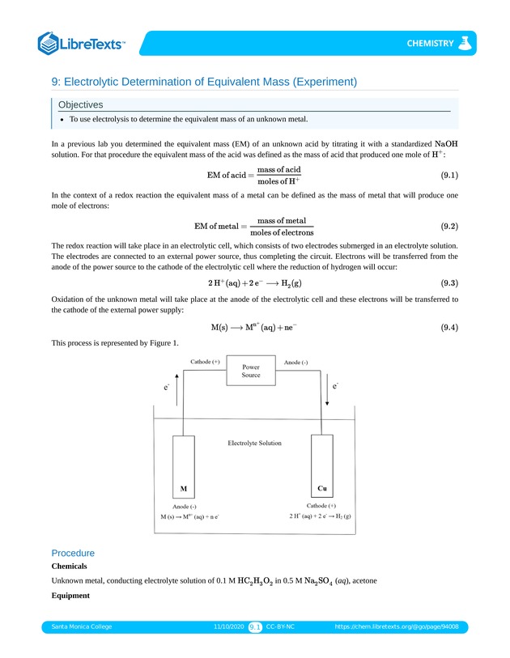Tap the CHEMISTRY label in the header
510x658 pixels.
pyautogui.click(x=430, y=43)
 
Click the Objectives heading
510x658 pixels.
pyautogui.click(x=80, y=104)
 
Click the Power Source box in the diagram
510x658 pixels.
pyautogui.click(x=251, y=370)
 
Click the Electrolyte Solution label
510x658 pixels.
pyautogui.click(x=254, y=443)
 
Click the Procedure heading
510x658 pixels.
pyautogui.click(x=73, y=553)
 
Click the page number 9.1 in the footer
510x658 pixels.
pyautogui.click(x=255, y=626)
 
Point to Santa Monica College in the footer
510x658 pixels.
pyautogui.click(x=82, y=626)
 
